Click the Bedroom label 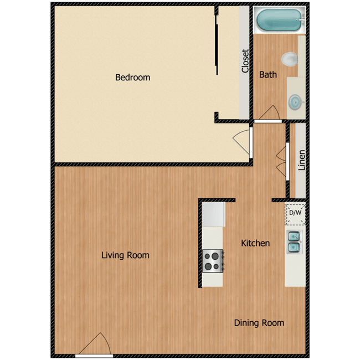tap(132, 78)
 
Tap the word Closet tap(245, 61)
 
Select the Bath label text tap(268, 74)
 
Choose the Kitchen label tap(255, 243)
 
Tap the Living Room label tap(125, 255)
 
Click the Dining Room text tap(259, 323)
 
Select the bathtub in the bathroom tap(280, 22)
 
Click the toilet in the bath tap(290, 59)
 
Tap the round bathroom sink tap(295, 101)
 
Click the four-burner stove tap(213, 260)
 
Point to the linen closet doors tap(285, 161)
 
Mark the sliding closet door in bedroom tap(217, 42)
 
